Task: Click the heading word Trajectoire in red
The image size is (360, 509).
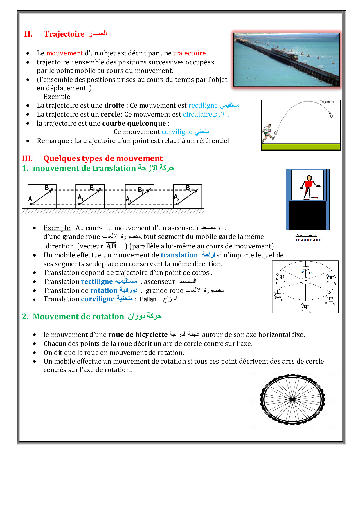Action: (64, 34)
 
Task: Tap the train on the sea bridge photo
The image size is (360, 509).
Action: (285, 53)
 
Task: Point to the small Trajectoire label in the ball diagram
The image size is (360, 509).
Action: (327, 102)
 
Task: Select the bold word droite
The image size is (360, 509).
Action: (114, 105)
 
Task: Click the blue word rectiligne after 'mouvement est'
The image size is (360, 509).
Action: (203, 105)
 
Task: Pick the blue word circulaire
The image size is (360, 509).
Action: (197, 114)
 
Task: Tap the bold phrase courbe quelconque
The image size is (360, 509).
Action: (134, 123)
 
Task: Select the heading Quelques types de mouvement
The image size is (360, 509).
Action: (103, 158)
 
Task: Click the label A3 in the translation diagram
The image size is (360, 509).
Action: (177, 198)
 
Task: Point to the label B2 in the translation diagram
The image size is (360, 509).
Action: (141, 190)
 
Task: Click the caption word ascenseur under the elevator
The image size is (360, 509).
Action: (309, 240)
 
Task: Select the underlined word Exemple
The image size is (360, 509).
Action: (57, 228)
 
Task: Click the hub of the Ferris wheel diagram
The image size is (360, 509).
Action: (306, 281)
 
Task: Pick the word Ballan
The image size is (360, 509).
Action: (148, 299)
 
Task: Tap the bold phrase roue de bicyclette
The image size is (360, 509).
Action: (138, 335)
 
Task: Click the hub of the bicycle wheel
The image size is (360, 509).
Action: (292, 400)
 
